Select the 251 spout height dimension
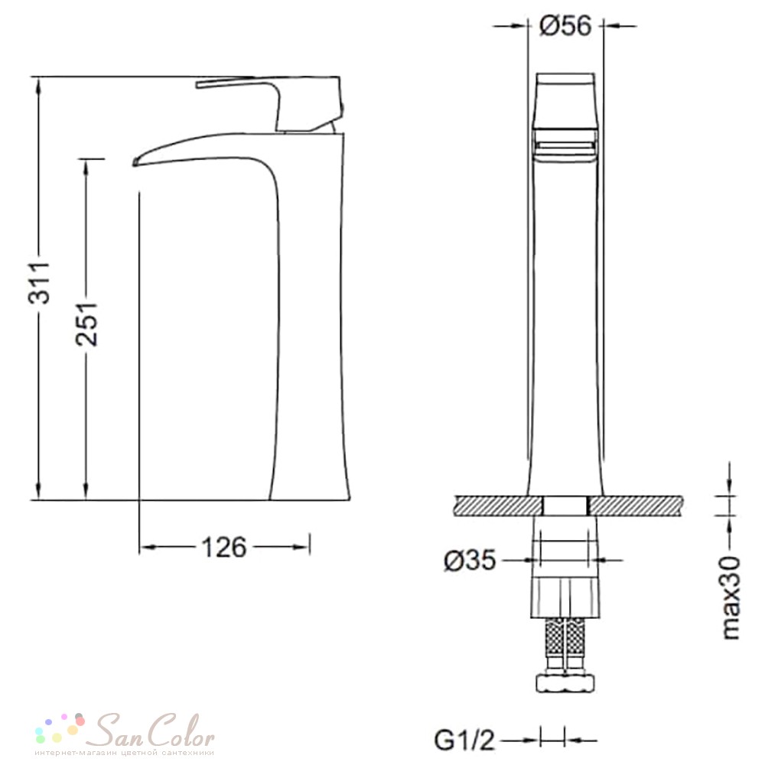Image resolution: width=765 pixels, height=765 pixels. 86,324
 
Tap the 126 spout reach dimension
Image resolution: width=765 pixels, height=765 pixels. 224,548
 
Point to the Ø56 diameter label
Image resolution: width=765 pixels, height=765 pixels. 565,25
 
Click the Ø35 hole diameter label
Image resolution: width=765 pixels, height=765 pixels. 470,560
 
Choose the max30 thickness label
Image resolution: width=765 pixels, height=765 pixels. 731,597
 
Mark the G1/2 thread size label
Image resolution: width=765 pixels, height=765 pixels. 464,741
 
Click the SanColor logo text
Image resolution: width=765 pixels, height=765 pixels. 154,731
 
